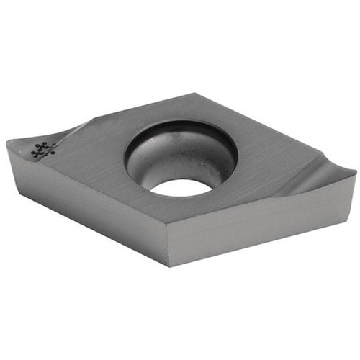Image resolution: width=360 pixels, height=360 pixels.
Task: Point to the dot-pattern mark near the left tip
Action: click(x=44, y=149)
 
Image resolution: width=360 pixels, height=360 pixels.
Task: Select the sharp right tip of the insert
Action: click(x=354, y=172)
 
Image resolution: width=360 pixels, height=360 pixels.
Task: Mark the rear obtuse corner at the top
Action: click(x=195, y=93)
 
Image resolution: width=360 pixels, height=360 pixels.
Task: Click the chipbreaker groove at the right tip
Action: click(x=317, y=176)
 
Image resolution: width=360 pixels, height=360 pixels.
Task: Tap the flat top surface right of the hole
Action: click(x=266, y=158)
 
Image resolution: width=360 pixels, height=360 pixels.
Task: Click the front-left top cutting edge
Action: click(x=86, y=184)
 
